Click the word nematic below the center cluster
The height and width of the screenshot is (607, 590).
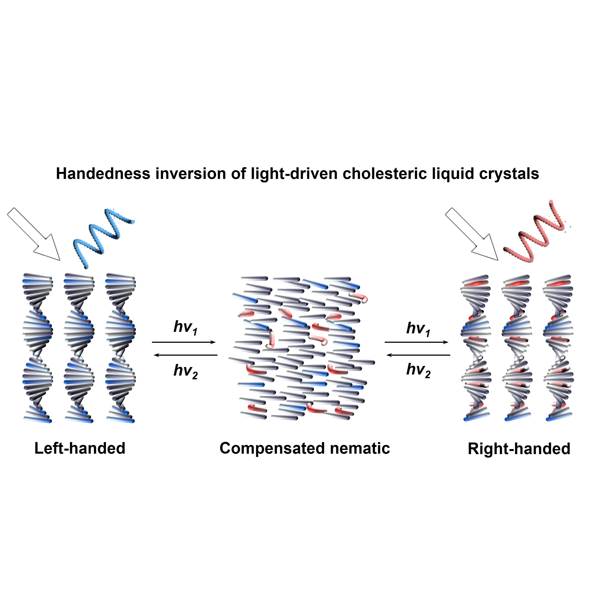click(x=359, y=448)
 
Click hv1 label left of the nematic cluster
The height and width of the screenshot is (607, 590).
click(x=185, y=327)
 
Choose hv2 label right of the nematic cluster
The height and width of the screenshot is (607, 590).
click(x=418, y=370)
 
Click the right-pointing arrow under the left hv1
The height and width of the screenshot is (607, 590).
click(x=184, y=342)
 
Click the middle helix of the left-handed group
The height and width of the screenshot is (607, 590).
click(x=79, y=347)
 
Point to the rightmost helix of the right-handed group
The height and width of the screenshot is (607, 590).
click(x=558, y=347)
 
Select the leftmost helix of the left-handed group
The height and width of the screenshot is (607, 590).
click(x=38, y=347)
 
